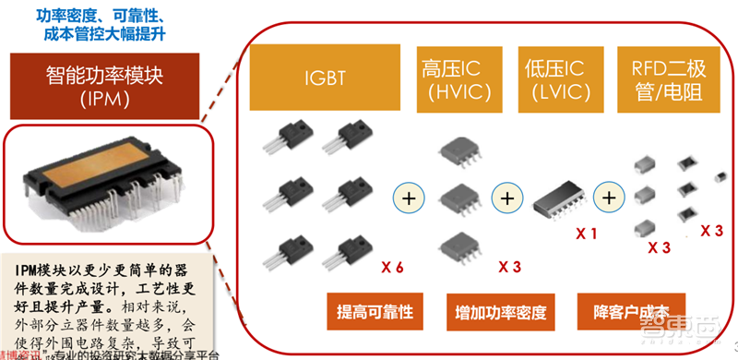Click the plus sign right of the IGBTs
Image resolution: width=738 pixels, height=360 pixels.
point(406,196)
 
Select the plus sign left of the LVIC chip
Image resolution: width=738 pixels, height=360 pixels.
point(506,196)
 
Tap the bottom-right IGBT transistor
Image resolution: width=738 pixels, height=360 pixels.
point(348,251)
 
